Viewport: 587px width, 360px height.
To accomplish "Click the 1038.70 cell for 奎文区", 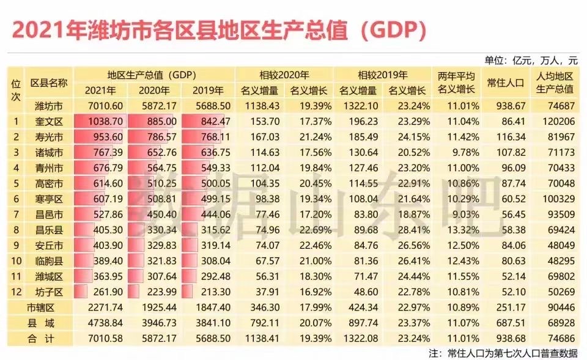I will (100, 121).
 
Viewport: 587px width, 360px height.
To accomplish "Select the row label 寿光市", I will (49, 136).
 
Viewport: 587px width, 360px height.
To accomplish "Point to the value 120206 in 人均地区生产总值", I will (557, 121).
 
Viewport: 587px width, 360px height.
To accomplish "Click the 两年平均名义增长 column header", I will (456, 83).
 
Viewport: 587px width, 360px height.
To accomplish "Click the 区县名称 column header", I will (49, 83).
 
